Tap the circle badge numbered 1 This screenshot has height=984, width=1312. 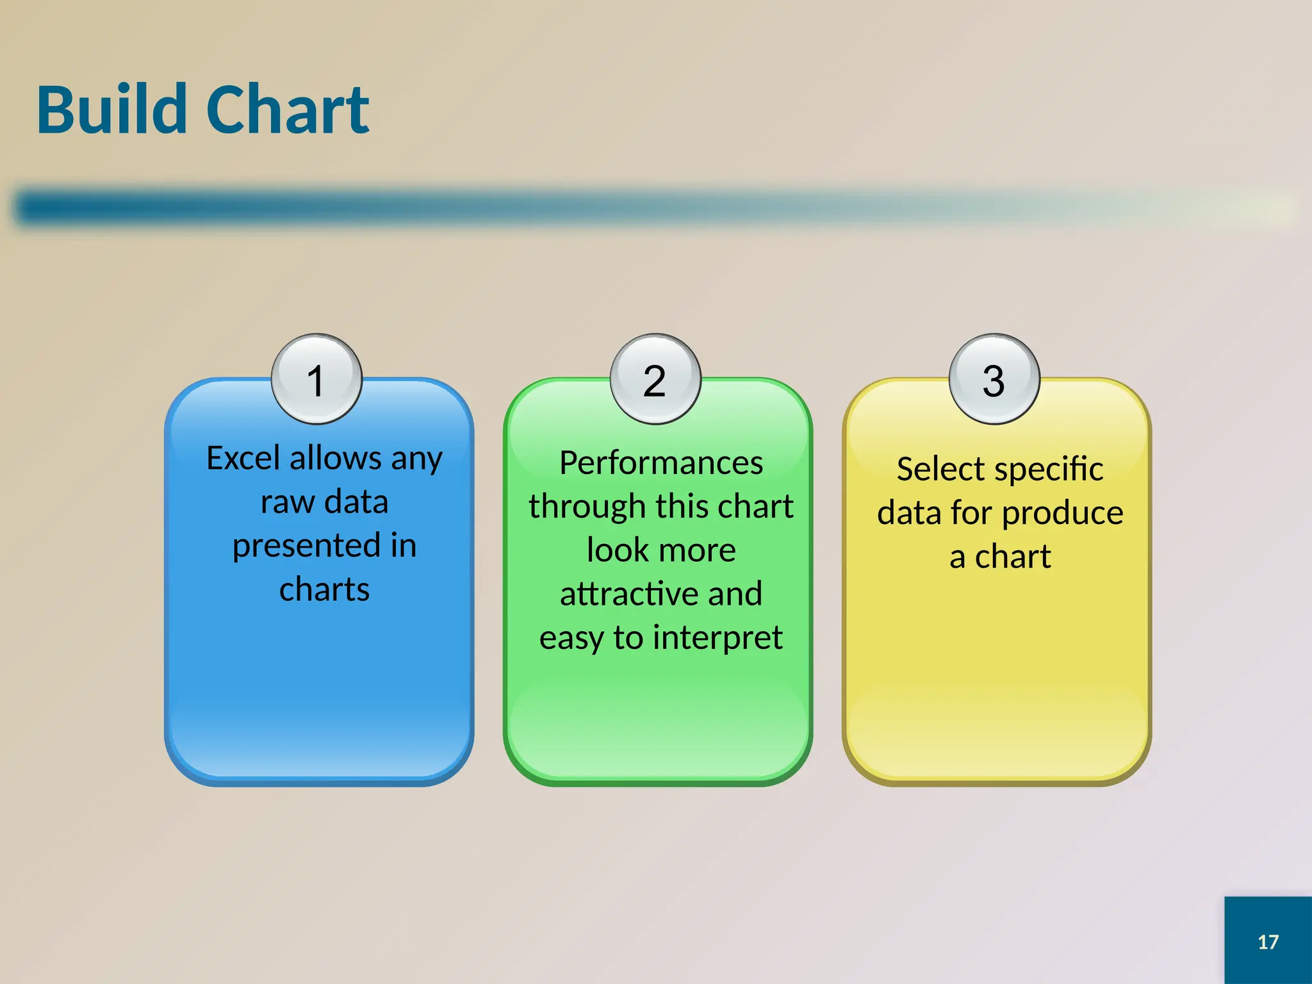(x=316, y=379)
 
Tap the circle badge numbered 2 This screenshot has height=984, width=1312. (x=655, y=379)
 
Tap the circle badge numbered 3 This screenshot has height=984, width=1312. (x=994, y=379)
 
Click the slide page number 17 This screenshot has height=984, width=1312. (x=1268, y=942)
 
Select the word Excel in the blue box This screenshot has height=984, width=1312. (x=243, y=458)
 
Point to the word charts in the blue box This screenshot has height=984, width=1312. (x=324, y=589)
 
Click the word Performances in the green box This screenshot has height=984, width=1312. (x=661, y=463)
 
